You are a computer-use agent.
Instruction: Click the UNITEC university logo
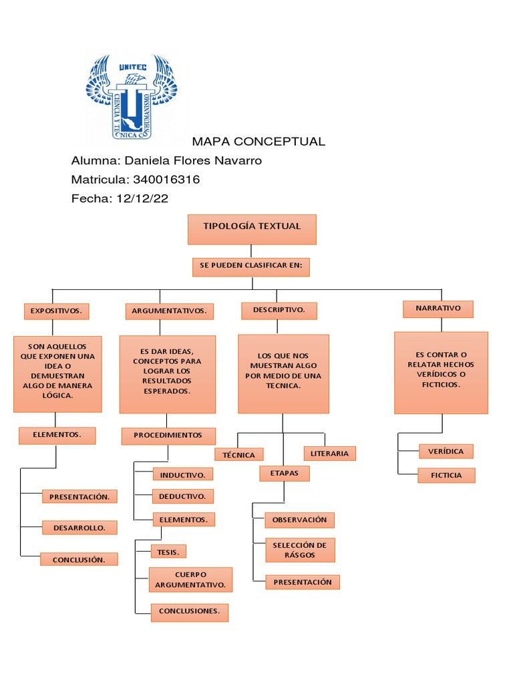pyautogui.click(x=131, y=95)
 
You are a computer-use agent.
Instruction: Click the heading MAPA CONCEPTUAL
pyautogui.click(x=259, y=142)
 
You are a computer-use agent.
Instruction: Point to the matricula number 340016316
pyautogui.click(x=166, y=180)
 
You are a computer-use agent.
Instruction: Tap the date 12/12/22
pyautogui.click(x=142, y=199)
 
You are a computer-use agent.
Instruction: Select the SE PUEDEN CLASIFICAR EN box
pyautogui.click(x=251, y=267)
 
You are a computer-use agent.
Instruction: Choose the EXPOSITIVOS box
pyautogui.click(x=57, y=311)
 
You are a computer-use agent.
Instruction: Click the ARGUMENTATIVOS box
pyautogui.click(x=170, y=311)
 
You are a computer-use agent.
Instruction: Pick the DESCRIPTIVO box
pyautogui.click(x=279, y=311)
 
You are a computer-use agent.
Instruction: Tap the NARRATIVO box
pyautogui.click(x=438, y=309)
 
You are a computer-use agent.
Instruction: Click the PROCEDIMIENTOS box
pyautogui.click(x=168, y=436)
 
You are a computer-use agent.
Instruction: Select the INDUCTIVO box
pyautogui.click(x=183, y=474)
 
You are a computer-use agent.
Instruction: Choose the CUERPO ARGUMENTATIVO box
pyautogui.click(x=190, y=580)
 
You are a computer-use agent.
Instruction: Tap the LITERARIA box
pyautogui.click(x=329, y=454)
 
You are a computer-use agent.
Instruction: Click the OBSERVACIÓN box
pyautogui.click(x=299, y=520)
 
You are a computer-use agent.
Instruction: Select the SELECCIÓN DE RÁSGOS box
pyautogui.click(x=299, y=550)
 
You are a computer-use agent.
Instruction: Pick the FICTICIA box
pyautogui.click(x=446, y=476)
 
